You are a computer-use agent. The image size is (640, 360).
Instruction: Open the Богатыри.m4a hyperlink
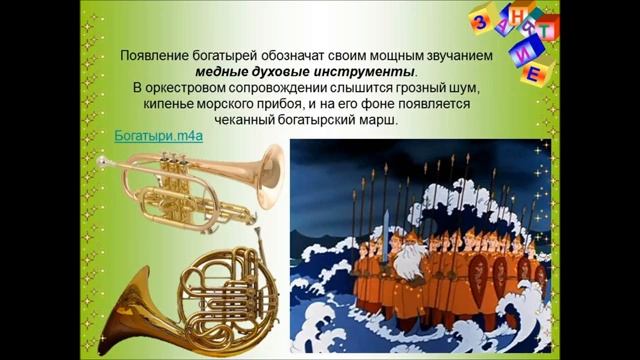(x=159, y=134)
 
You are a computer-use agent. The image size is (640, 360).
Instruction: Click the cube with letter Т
(x=548, y=27)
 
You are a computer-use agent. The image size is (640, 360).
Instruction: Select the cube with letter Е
(x=535, y=73)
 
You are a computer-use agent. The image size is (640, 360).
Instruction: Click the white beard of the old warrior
(x=410, y=263)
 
